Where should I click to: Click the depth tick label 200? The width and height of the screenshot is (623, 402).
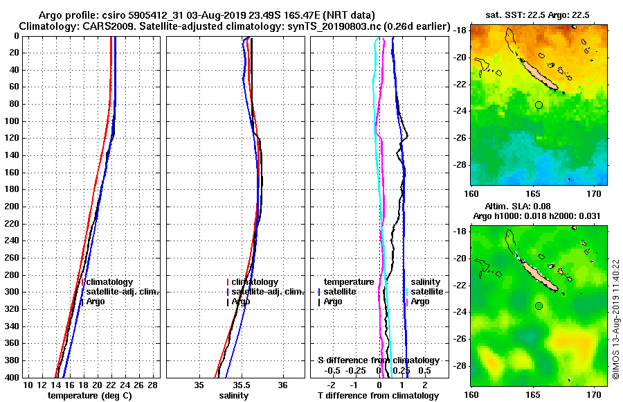[x=12, y=207]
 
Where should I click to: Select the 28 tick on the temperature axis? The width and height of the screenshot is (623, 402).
[x=153, y=385]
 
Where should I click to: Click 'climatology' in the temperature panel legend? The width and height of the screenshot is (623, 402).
[x=111, y=282]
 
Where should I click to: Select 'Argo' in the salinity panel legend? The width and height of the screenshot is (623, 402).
[x=241, y=301]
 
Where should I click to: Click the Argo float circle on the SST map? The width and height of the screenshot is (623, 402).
[x=539, y=105]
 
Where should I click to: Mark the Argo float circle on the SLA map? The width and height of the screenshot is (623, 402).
[x=539, y=306]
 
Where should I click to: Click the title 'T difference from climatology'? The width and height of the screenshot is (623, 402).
[x=378, y=396]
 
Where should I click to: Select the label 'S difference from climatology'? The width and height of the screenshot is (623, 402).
[x=378, y=360]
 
